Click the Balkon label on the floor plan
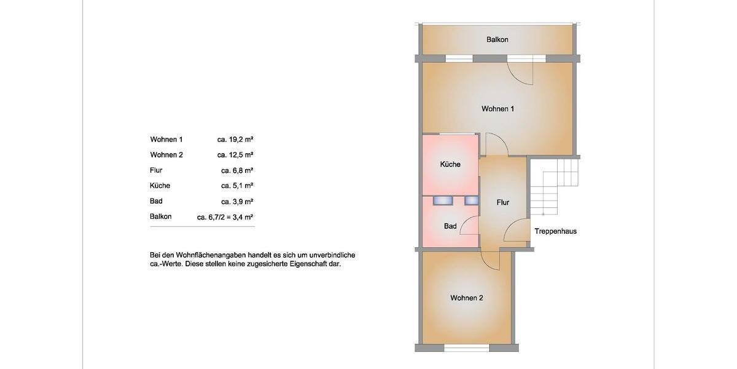click(x=497, y=39)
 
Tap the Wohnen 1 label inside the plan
click(x=497, y=109)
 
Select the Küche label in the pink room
click(x=450, y=164)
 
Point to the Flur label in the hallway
click(x=503, y=202)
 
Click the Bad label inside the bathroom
click(x=450, y=226)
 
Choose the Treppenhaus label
click(x=555, y=231)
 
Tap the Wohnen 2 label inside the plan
click(x=466, y=298)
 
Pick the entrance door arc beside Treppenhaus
click(x=516, y=231)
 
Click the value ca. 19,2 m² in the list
click(x=235, y=140)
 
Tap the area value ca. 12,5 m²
click(x=235, y=155)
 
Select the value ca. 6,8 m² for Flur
click(x=237, y=170)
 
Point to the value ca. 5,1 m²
click(x=237, y=186)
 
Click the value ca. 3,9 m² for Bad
click(x=237, y=201)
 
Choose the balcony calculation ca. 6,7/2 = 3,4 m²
click(x=225, y=216)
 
